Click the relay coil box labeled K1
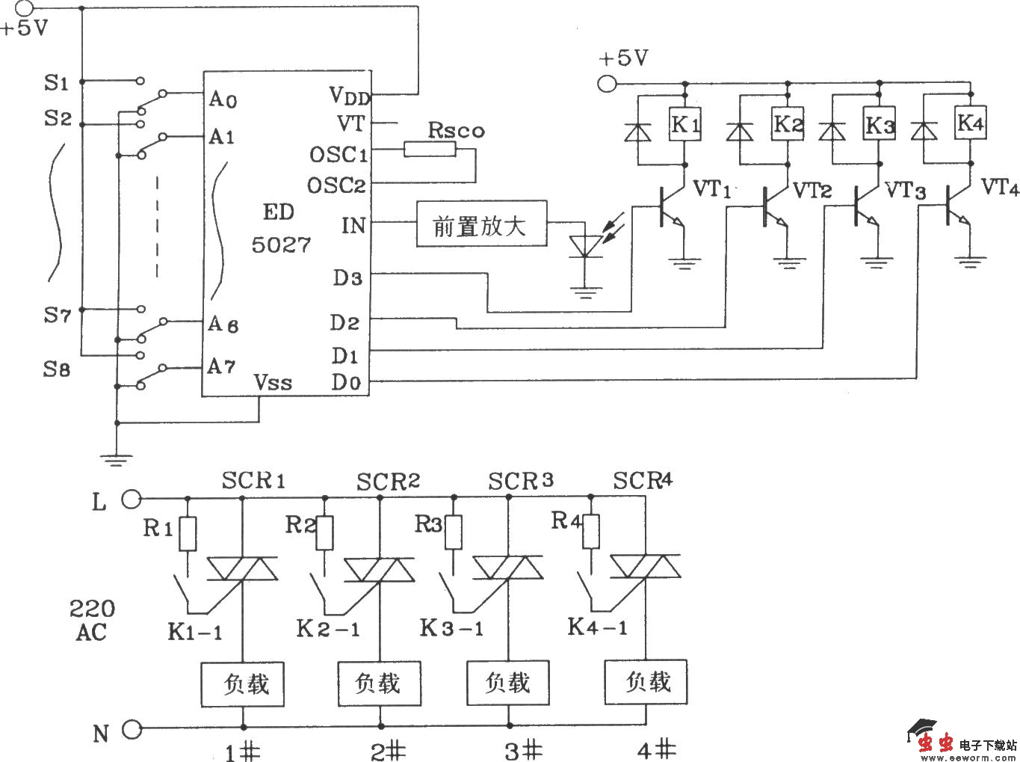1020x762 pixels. pos(684,125)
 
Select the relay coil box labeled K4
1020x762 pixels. pos(970,123)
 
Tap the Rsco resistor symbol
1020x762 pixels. pos(430,150)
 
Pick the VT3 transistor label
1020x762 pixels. pos(905,190)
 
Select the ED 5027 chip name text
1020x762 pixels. pos(280,229)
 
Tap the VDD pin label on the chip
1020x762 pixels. pos(349,96)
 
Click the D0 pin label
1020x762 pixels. pos(347,383)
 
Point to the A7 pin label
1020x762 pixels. pos(222,367)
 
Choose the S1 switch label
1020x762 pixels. pos(56,82)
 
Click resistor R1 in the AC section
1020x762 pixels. pos(188,533)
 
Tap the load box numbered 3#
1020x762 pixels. pos(508,683)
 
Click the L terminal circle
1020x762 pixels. pos(131,498)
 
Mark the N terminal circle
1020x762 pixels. pos(131,728)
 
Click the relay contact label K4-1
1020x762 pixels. pos(598,627)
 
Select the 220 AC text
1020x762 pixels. pos(92,620)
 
